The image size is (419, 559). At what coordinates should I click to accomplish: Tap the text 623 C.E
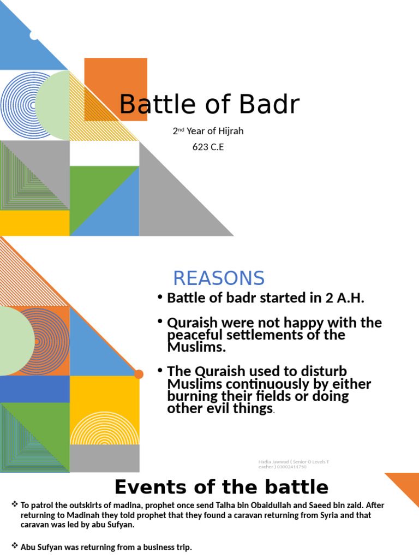coord(208,147)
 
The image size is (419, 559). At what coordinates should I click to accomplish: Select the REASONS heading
coord(219,278)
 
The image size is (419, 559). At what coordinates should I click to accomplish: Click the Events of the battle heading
coord(222,487)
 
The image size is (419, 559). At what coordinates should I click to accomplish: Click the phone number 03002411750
coord(292,467)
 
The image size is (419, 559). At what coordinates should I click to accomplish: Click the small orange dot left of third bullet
coord(139,374)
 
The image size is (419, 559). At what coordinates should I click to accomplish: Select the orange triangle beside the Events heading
coord(406,487)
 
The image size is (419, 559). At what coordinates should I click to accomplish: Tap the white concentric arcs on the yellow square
coord(104,429)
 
